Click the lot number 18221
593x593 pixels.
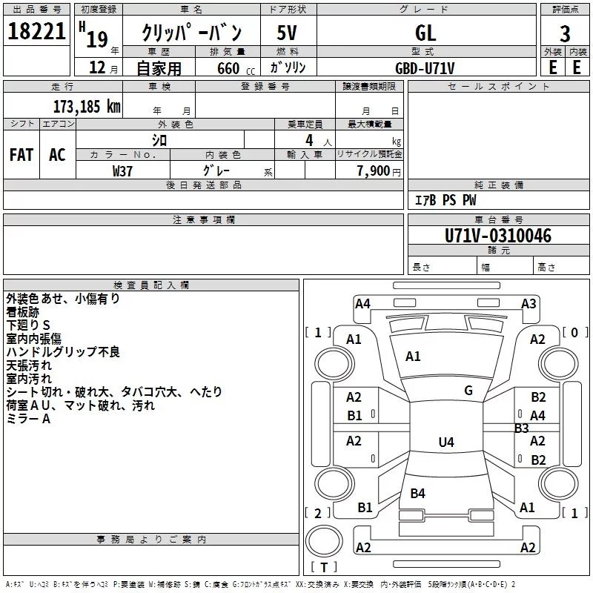[x=36, y=31]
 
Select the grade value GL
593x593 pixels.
[x=425, y=33]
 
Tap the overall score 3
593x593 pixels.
[x=565, y=34]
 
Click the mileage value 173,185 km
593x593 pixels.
[x=87, y=107]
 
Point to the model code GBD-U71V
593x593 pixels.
[x=425, y=68]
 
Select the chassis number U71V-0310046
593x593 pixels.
[x=497, y=236]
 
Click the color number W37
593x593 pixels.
[x=122, y=171]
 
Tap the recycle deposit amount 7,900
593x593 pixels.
[x=374, y=171]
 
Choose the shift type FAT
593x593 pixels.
[x=21, y=155]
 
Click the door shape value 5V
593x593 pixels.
[x=287, y=33]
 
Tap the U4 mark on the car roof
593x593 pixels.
[x=446, y=442]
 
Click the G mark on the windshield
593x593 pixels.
[x=468, y=391]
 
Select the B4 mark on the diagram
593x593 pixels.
[x=417, y=493]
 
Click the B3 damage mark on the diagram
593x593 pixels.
[x=522, y=428]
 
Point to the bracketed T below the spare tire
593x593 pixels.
[x=324, y=567]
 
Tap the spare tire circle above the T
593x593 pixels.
[x=324, y=541]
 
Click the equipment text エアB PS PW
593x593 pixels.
[x=445, y=200]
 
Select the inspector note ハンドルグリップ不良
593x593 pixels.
[x=63, y=351]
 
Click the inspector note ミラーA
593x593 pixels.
[x=28, y=419]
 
